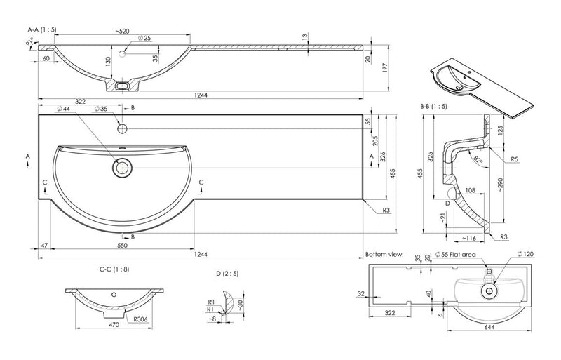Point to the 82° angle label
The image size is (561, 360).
pos(478,161)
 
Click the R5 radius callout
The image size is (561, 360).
pos(514,159)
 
